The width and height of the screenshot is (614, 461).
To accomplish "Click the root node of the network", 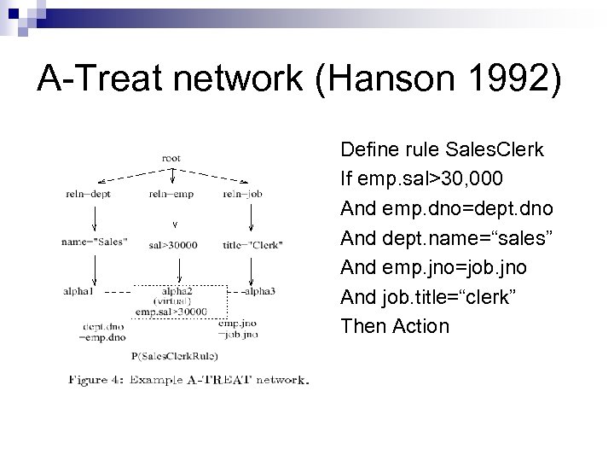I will (x=172, y=158).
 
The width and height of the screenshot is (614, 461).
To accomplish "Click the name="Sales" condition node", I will (x=95, y=242).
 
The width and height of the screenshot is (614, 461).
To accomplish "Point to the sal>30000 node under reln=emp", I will (x=172, y=245).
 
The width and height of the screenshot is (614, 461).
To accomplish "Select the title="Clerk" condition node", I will (x=252, y=244).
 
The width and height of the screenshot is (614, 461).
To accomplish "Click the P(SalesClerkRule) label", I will (x=175, y=354).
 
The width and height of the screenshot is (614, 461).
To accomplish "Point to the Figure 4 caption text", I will (x=187, y=380).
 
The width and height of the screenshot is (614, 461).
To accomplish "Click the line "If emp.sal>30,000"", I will (x=420, y=179).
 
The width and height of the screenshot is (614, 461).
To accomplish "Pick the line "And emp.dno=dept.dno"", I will (x=446, y=208).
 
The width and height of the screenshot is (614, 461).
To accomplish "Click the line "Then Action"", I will (x=394, y=325).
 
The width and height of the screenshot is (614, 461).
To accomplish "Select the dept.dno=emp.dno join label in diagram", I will (x=104, y=331).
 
